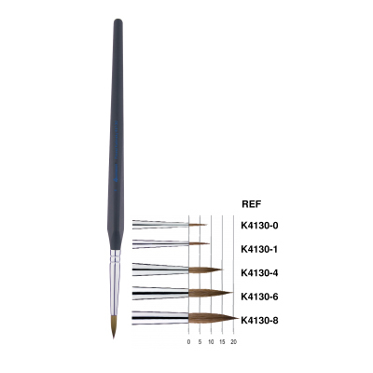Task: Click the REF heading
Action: pos(252,204)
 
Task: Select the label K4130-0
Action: pos(259,226)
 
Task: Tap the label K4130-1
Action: pos(259,249)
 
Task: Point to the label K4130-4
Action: pos(259,273)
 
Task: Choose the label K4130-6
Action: pos(259,297)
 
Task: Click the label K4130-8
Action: pos(259,320)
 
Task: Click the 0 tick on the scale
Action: pos(188,342)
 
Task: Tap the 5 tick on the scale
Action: pos(200,342)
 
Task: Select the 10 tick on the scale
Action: pos(211,342)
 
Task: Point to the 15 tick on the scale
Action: pos(222,342)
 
